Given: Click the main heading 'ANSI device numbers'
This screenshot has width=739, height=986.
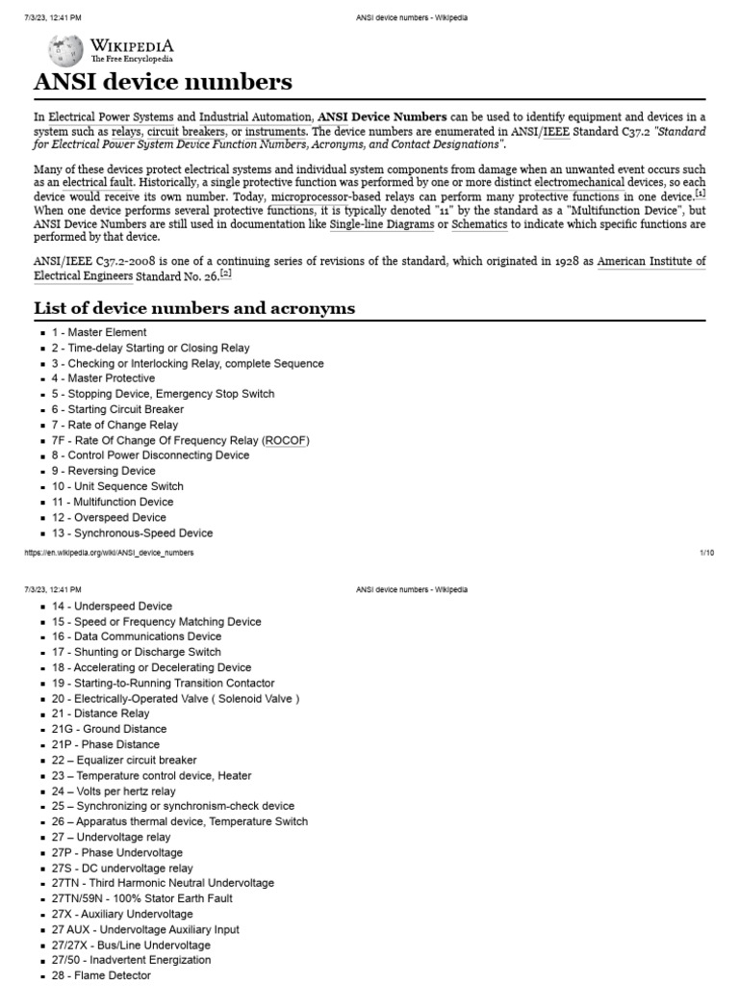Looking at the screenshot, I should point(163,82).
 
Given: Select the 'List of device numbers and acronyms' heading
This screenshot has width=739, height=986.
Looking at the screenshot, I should point(193,308).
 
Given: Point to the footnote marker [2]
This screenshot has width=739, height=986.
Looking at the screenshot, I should point(226,274).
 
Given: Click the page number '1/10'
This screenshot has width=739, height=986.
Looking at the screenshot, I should point(706,553).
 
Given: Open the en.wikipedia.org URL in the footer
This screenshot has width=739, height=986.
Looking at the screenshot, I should point(114,553).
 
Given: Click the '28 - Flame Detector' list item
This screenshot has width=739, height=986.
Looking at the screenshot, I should point(101,975).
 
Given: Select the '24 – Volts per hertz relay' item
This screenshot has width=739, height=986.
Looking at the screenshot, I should point(113,791).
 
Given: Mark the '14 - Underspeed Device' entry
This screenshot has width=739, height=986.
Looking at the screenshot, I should point(112,606).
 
